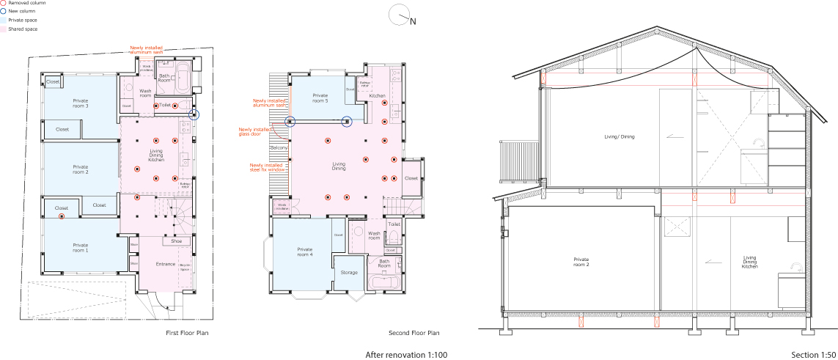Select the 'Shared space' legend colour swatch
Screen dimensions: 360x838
(x=4, y=29)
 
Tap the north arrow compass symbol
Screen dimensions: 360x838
(x=399, y=15)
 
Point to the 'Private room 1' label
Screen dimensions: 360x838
(x=81, y=247)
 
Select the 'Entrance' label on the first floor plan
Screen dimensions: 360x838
(x=166, y=264)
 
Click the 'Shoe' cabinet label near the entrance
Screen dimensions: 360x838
(x=176, y=240)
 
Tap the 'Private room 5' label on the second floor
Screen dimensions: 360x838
(x=320, y=97)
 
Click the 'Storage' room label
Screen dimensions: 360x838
(x=349, y=272)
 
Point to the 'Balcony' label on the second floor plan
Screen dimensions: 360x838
(x=279, y=148)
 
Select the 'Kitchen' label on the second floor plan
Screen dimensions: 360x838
(x=378, y=96)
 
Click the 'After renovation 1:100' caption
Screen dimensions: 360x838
(x=406, y=355)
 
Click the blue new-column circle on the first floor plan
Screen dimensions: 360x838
(x=194, y=115)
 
